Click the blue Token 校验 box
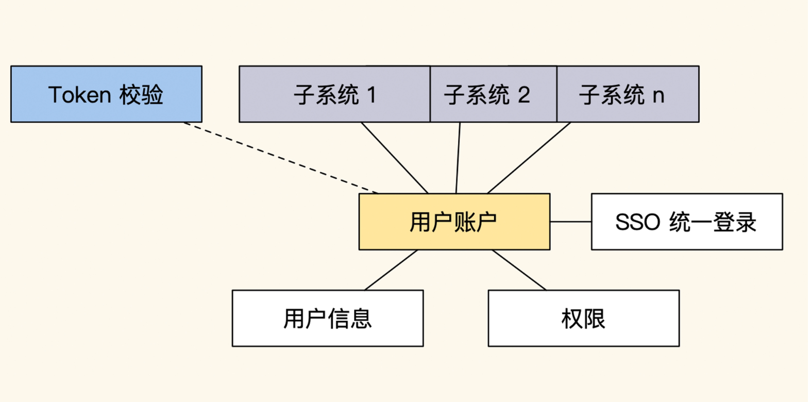pyautogui.click(x=106, y=94)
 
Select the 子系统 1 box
pyautogui.click(x=334, y=94)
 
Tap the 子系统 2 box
pyautogui.click(x=493, y=94)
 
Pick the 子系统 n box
pyautogui.click(x=628, y=94)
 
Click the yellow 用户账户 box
pyautogui.click(x=454, y=222)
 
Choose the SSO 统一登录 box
pyautogui.click(x=686, y=222)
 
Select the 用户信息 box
pyautogui.click(x=328, y=318)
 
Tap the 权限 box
pyautogui.click(x=583, y=318)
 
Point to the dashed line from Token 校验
pyautogui.click(x=281, y=158)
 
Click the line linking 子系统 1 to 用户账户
pyautogui.click(x=395, y=158)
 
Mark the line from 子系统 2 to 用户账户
pyautogui.click(x=458, y=158)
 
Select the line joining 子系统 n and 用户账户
pyautogui.click(x=529, y=158)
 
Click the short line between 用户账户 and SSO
pyautogui.click(x=570, y=222)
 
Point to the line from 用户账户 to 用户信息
pyautogui.click(x=391, y=270)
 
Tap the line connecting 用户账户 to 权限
pyautogui.click(x=519, y=270)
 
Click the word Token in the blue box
pyautogui.click(x=79, y=95)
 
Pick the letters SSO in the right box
pyautogui.click(x=637, y=222)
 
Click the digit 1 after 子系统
pyautogui.click(x=371, y=95)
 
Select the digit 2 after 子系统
pyautogui.click(x=523, y=95)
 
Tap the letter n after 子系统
pyautogui.click(x=658, y=96)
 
